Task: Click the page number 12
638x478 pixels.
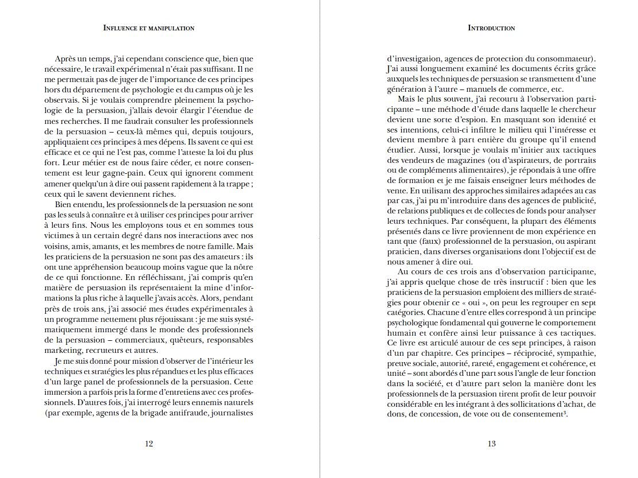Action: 149,444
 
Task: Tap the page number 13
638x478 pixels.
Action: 491,444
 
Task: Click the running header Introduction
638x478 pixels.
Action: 491,28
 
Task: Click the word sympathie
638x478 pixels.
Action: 553,352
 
